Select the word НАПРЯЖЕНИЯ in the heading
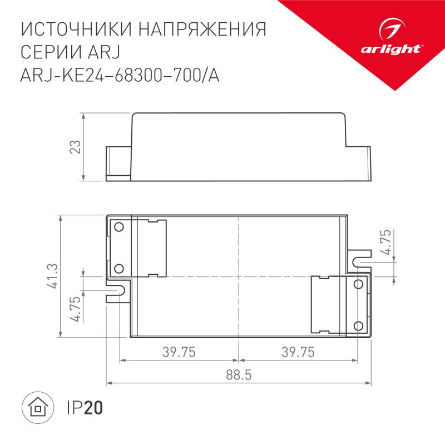tap(205, 29)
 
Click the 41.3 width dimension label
tap(52, 276)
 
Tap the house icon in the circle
tap(38, 409)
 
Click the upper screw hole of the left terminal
tap(118, 226)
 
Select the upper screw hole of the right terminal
tap(359, 284)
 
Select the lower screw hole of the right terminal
tap(359, 325)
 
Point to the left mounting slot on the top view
tap(117, 290)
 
